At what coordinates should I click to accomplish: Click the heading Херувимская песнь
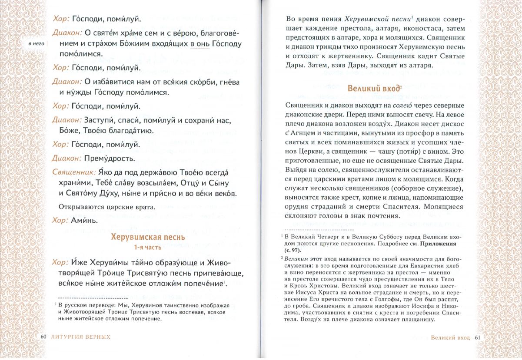tap(148, 237)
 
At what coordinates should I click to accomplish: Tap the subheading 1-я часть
tap(148, 248)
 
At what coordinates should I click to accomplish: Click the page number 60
tap(43, 337)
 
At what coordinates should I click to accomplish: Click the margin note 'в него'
tap(36, 44)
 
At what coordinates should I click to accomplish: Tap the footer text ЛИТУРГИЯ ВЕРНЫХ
tap(80, 337)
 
